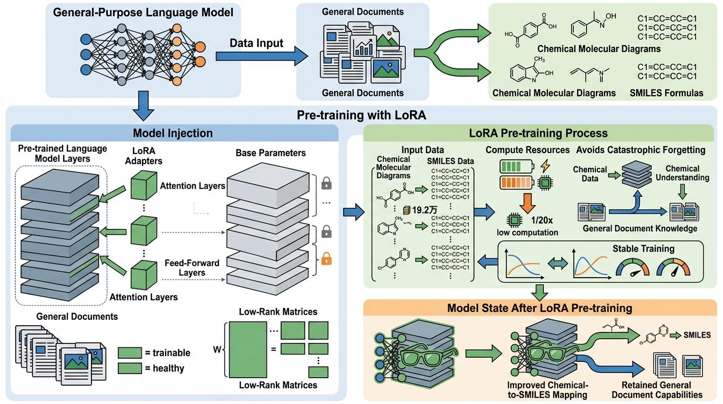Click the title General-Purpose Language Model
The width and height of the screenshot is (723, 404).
tap(143, 12)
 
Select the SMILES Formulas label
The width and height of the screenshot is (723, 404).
tap(666, 93)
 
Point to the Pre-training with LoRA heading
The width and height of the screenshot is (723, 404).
tap(361, 114)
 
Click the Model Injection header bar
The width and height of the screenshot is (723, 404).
tap(173, 133)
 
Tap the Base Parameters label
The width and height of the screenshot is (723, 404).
tap(270, 153)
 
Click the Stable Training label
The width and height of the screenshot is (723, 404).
tap(643, 248)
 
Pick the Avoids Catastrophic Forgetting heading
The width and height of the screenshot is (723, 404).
tap(641, 150)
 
